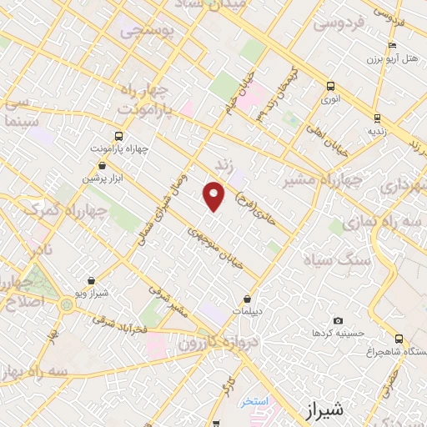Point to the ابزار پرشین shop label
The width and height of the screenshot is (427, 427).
coord(102,178)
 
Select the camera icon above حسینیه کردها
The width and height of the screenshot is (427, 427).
coord(338,320)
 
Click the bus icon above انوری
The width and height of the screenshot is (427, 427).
coord(331,85)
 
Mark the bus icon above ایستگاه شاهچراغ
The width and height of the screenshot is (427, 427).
coord(399,339)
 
